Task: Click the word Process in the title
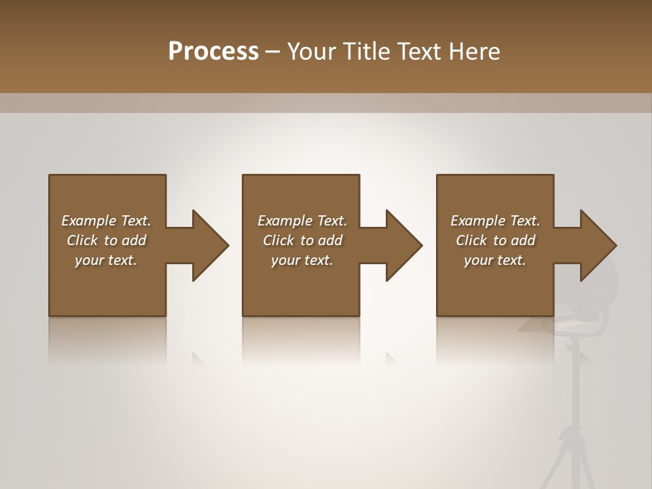click(x=213, y=52)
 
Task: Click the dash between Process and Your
click(x=273, y=52)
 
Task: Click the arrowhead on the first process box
click(x=209, y=245)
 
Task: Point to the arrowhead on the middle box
click(x=403, y=245)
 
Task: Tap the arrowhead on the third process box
click(x=597, y=245)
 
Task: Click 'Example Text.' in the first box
click(x=106, y=221)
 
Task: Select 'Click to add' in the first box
click(x=106, y=240)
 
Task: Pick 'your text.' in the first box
click(x=106, y=260)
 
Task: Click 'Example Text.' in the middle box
click(x=302, y=221)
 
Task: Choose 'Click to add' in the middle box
click(x=302, y=240)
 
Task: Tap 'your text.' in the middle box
click(x=302, y=260)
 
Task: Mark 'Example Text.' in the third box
click(x=495, y=221)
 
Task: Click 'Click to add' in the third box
click(x=495, y=240)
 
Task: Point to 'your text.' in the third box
click(x=495, y=260)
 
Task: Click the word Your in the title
click(x=312, y=52)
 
